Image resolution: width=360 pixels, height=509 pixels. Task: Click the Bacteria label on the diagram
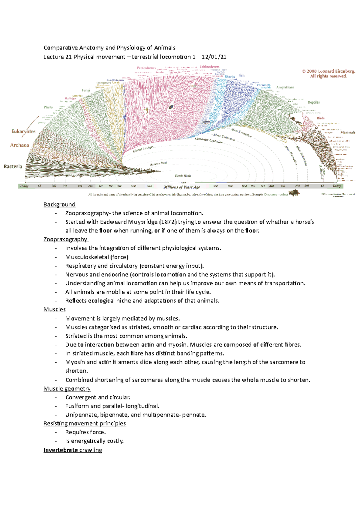tap(13, 166)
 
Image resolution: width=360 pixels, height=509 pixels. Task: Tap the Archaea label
tap(19, 145)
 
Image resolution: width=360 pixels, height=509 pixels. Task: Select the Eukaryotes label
tap(23, 131)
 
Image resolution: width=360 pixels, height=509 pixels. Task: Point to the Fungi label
tap(86, 90)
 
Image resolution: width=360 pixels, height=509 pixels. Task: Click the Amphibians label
tap(285, 87)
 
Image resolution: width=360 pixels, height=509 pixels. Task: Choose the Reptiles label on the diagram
tap(313, 102)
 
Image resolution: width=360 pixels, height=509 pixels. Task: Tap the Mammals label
tap(348, 132)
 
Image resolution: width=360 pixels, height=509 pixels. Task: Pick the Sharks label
tap(230, 77)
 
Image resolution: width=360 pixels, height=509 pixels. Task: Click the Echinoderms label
tap(209, 67)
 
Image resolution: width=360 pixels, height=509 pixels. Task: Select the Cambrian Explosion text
tap(209, 140)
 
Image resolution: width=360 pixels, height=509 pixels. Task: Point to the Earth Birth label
tap(183, 176)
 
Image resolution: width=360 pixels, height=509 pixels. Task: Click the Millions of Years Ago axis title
tap(182, 187)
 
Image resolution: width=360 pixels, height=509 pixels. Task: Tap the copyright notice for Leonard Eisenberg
tap(328, 73)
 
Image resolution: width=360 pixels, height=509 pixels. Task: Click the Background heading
tap(59, 204)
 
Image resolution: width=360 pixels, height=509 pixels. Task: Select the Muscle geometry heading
tap(67, 388)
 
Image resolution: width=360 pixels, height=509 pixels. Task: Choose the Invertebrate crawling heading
tap(73, 450)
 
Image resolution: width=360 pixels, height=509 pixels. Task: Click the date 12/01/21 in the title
tap(214, 57)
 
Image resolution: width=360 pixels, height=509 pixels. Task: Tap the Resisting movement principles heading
tap(85, 423)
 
